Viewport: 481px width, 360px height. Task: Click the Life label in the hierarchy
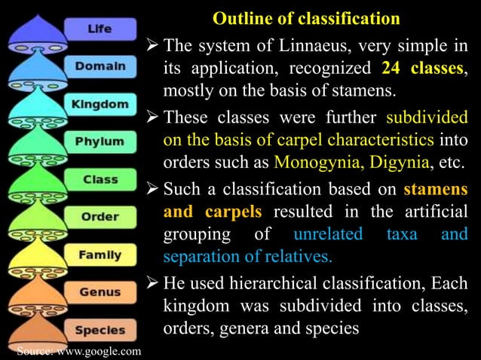(99, 29)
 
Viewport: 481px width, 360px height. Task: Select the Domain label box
(99, 66)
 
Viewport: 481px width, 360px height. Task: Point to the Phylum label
(99, 141)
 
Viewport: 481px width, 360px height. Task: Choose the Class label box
(100, 180)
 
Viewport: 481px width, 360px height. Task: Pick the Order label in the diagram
(100, 218)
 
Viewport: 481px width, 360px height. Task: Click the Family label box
(100, 255)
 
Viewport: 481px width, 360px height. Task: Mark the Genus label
(100, 292)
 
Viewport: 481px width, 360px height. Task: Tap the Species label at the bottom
(100, 329)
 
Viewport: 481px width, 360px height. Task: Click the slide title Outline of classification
(306, 17)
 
